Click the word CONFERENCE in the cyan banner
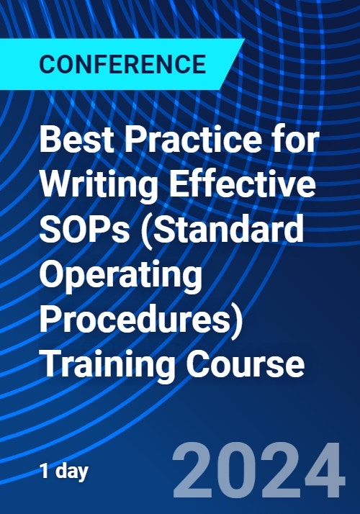tap(122, 64)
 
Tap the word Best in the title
tap(77, 140)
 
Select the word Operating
tap(121, 276)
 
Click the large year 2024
tap(259, 470)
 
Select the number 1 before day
tap(45, 471)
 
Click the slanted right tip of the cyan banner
tap(244, 40)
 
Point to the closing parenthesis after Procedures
tap(238, 320)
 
